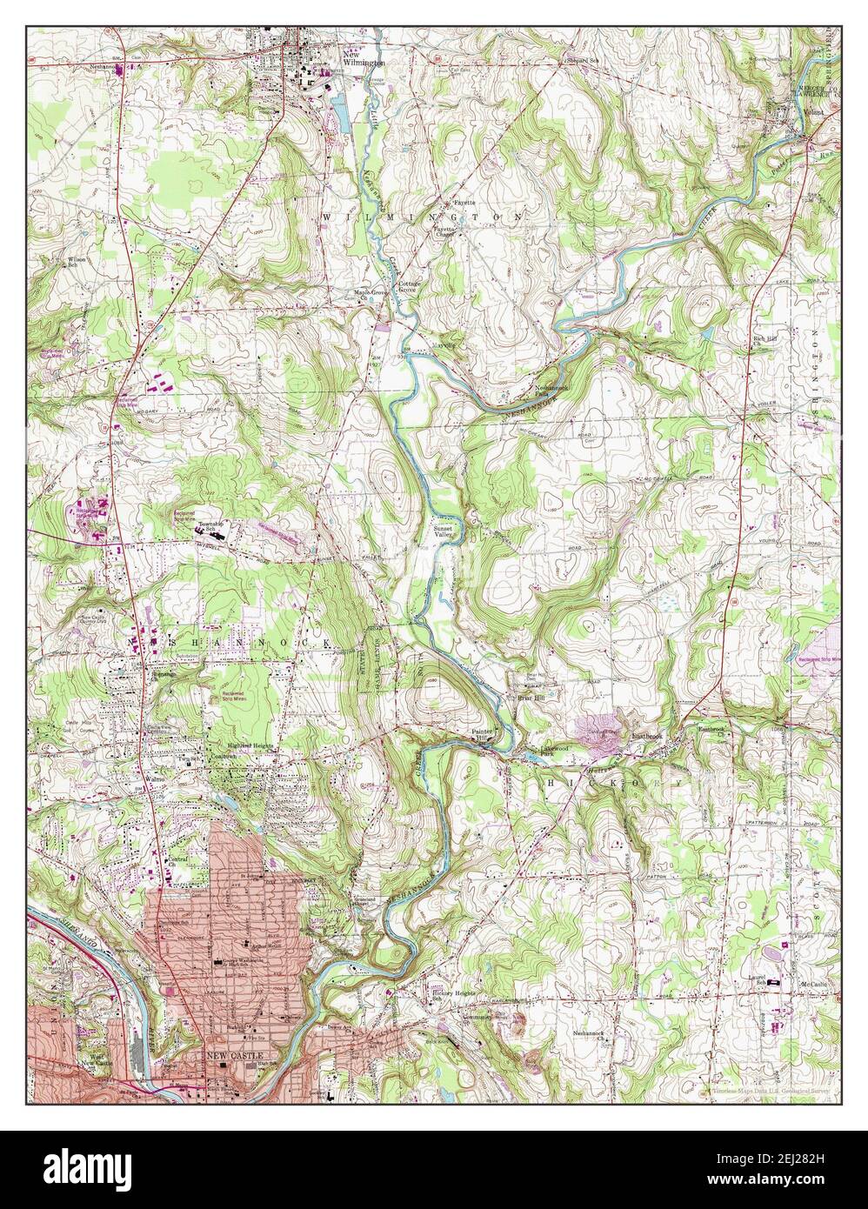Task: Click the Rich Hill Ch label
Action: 765,340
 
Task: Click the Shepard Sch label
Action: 583,60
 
